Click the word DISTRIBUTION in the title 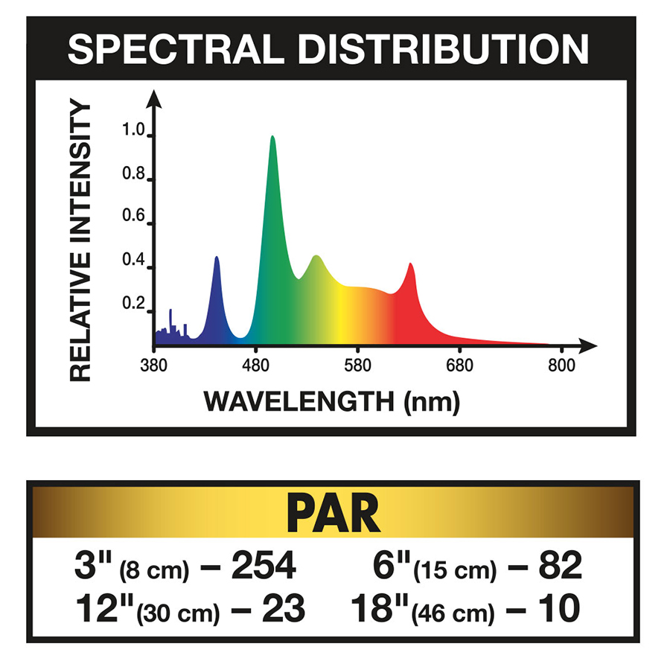[x=438, y=49]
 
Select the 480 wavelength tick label [x=256, y=366]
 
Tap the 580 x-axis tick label [x=358, y=366]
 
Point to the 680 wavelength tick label [x=460, y=366]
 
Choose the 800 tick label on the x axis [x=562, y=366]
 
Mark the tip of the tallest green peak [x=272, y=137]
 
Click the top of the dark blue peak [x=217, y=258]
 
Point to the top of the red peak [x=410, y=264]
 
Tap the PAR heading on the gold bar [x=334, y=513]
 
